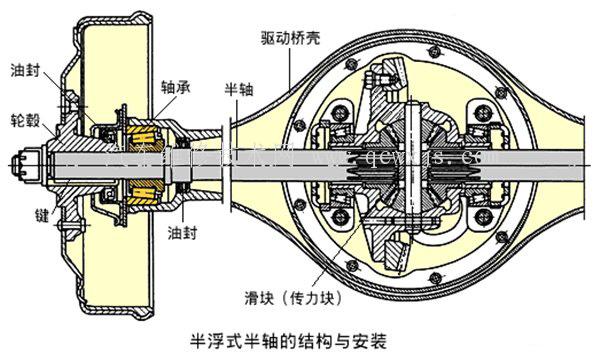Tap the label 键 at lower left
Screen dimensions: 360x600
point(29,214)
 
